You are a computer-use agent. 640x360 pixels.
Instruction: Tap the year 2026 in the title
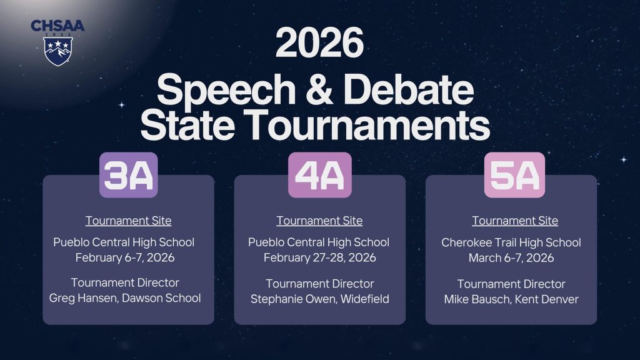click(x=319, y=45)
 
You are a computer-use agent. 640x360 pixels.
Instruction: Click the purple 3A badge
click(x=128, y=176)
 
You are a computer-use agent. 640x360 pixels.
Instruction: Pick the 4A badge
click(x=319, y=176)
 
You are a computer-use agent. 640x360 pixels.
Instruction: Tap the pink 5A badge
click(x=514, y=176)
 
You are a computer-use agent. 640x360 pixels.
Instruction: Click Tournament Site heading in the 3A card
click(x=128, y=221)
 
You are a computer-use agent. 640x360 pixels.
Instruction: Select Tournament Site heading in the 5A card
click(x=514, y=221)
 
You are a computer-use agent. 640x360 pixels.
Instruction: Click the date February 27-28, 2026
click(x=319, y=257)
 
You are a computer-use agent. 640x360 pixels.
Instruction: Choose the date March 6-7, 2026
click(x=511, y=257)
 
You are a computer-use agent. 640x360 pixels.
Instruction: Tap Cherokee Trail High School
click(x=511, y=242)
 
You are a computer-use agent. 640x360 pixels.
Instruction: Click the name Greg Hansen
click(x=83, y=298)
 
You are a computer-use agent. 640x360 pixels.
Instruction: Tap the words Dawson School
click(x=162, y=298)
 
